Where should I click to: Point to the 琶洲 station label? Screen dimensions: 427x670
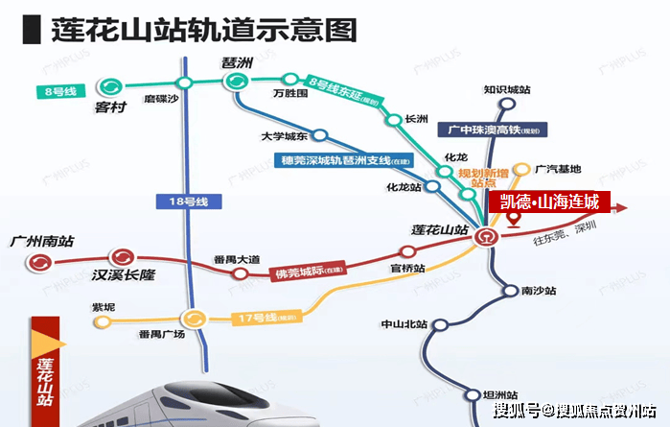pos(237,62)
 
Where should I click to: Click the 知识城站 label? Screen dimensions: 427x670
pos(506,89)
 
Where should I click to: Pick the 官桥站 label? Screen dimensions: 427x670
pos(408,269)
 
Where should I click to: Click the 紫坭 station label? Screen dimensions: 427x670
pos(103,307)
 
